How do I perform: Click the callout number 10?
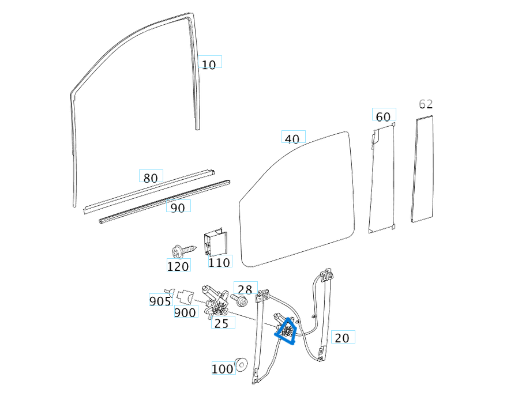(x=209, y=64)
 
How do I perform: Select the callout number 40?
(x=292, y=138)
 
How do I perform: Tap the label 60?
(x=383, y=116)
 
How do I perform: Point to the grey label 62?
(x=426, y=104)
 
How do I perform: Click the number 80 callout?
(x=151, y=178)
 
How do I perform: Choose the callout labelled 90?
(x=178, y=207)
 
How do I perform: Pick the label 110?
(x=219, y=262)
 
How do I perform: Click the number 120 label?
(x=178, y=266)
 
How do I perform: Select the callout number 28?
(x=245, y=289)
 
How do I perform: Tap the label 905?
(x=160, y=301)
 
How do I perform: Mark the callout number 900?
(x=185, y=312)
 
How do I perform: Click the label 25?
(x=222, y=323)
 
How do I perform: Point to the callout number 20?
(x=342, y=338)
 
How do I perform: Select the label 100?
(x=223, y=369)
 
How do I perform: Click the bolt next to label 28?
(x=240, y=300)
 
